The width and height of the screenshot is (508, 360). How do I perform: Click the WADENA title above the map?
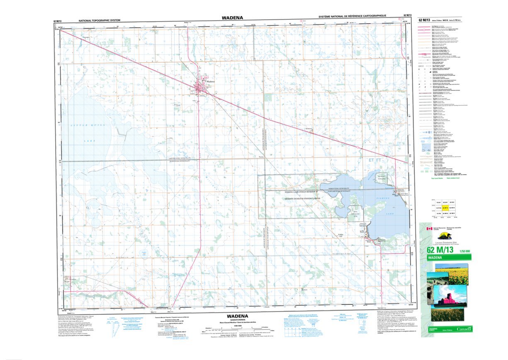(232, 17)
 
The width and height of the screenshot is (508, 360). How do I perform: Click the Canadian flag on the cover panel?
(430, 229)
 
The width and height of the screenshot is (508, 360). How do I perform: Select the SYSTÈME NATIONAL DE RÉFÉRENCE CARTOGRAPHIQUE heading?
(352, 16)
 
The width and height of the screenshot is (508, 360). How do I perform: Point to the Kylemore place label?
(309, 129)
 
